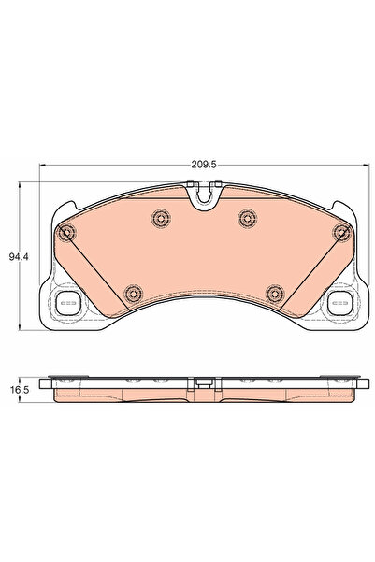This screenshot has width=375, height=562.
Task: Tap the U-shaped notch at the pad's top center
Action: (x=201, y=197)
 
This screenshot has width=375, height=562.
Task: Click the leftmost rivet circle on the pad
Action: (x=66, y=233)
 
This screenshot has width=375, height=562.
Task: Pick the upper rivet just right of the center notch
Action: (x=247, y=218)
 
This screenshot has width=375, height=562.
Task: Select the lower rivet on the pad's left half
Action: (x=131, y=292)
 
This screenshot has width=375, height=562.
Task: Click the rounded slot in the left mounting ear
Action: (x=67, y=302)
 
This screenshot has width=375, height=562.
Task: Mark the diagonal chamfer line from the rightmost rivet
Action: (x=310, y=271)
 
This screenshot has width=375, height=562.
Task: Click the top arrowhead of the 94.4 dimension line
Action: (x=40, y=185)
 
